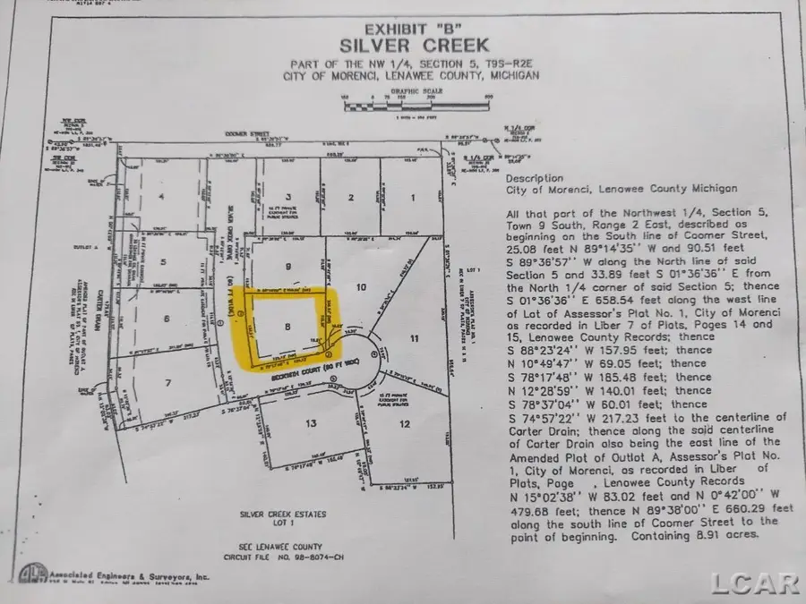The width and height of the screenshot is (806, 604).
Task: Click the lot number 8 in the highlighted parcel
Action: coord(287,328)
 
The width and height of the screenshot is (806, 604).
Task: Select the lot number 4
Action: coord(162,196)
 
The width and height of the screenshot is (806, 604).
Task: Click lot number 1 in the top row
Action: coord(413,196)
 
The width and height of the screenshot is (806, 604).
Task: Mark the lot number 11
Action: coord(414,338)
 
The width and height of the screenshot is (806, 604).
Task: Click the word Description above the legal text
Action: coord(535,178)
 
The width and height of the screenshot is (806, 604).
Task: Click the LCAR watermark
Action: coord(755,583)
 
